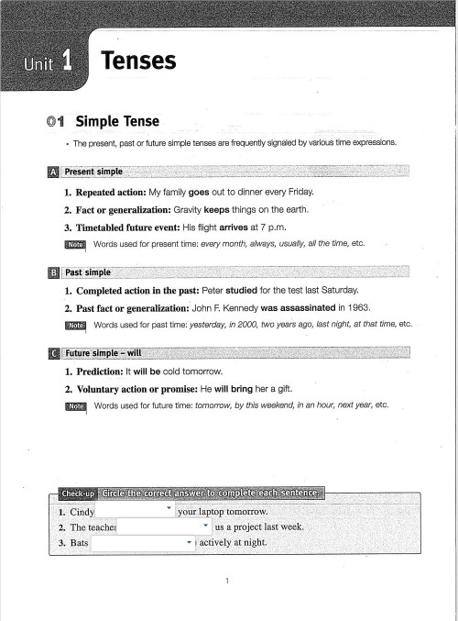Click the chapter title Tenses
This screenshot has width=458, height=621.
click(138, 61)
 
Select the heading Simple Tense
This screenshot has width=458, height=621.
click(116, 121)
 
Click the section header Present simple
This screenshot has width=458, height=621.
click(93, 172)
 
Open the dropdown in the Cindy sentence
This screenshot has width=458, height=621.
click(169, 507)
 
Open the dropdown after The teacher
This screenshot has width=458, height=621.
click(205, 527)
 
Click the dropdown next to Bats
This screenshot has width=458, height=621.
click(188, 543)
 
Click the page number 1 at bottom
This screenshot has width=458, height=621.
click(228, 581)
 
